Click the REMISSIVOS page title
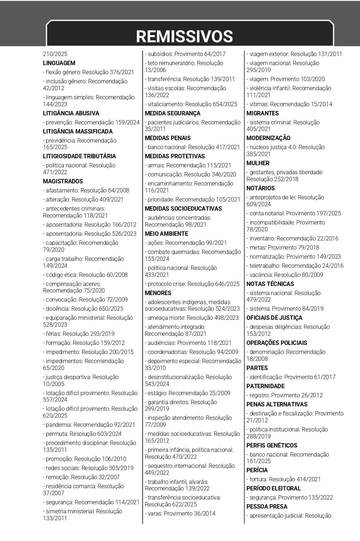[185, 36]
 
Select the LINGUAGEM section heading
[59, 63]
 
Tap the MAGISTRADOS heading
[63, 181]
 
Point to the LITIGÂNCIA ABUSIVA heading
[71, 113]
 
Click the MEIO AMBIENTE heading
[166, 234]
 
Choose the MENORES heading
[158, 293]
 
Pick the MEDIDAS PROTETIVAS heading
[175, 156]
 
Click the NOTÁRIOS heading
[261, 188]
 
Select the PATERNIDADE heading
[265, 386]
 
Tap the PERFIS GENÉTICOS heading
[272, 445]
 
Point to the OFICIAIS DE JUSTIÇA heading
[274, 318]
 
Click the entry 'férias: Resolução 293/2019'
[79, 334]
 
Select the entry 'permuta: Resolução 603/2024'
[82, 434]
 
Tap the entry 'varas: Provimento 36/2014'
[180, 513]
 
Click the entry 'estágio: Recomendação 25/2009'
[187, 393]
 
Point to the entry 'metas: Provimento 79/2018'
[283, 247]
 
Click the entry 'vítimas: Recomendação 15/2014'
[289, 104]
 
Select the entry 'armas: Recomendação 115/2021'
[188, 165]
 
